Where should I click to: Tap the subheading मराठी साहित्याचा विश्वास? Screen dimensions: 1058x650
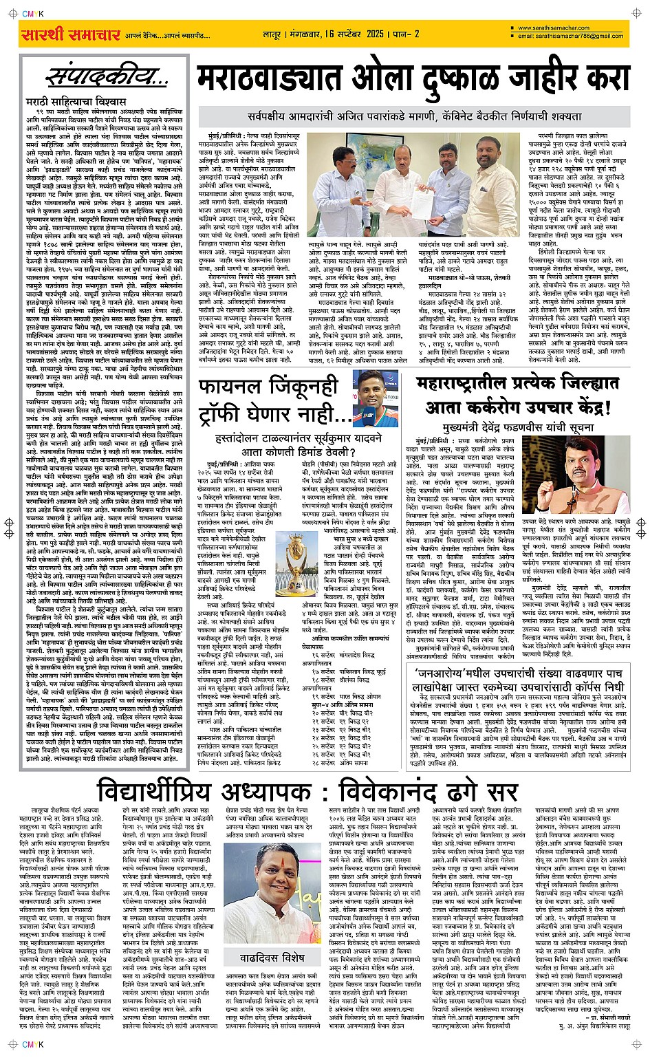67,102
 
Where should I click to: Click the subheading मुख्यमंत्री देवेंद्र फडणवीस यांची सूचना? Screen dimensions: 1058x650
518,428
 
